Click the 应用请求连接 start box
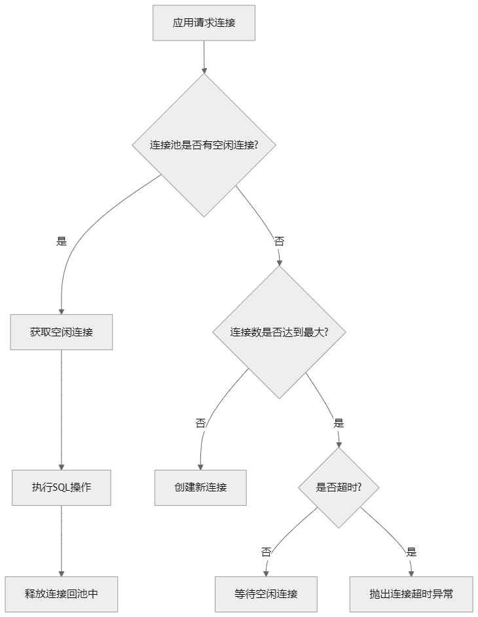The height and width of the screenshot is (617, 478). (x=204, y=23)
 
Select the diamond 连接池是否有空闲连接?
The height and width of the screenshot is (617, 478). (x=204, y=145)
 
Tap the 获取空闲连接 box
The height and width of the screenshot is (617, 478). (x=61, y=332)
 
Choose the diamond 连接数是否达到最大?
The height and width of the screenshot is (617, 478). (x=279, y=332)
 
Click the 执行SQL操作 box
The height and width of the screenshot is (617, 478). (x=61, y=487)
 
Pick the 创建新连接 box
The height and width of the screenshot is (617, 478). (x=200, y=487)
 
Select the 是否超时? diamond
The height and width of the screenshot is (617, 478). (x=339, y=487)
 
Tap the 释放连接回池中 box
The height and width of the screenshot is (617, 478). (x=61, y=594)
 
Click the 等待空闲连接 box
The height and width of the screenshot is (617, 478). (x=266, y=594)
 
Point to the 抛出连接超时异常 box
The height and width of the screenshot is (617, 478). (x=411, y=594)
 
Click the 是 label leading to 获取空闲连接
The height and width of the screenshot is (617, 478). (x=62, y=241)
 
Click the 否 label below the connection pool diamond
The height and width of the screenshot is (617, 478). (x=279, y=241)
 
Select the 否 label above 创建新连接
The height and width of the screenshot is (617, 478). (x=200, y=423)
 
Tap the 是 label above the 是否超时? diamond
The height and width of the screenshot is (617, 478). (x=339, y=423)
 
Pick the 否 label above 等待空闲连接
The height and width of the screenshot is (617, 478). (x=266, y=552)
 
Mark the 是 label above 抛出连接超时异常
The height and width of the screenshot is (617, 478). (x=411, y=552)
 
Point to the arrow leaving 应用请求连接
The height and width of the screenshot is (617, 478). (x=204, y=56)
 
